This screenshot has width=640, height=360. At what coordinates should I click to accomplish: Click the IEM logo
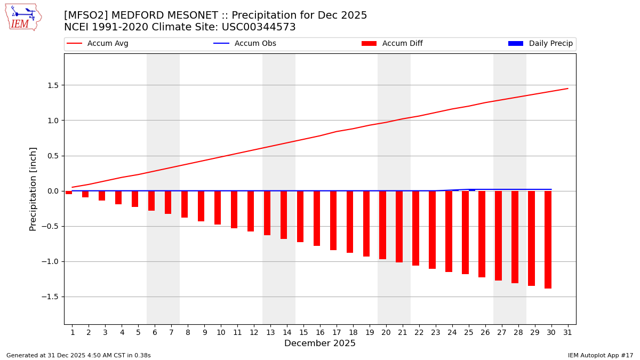point(23,17)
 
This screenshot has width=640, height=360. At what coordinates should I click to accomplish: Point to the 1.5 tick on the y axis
point(52,85)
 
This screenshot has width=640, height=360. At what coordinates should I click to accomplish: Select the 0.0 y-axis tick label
point(52,191)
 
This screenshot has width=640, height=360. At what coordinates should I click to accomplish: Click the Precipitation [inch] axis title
point(33,189)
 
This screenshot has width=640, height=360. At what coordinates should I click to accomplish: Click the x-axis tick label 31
point(567,332)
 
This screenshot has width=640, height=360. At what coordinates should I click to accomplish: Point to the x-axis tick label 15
point(303,332)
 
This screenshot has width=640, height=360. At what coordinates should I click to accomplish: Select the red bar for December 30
point(548,239)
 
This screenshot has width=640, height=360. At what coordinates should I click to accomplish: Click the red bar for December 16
point(317,218)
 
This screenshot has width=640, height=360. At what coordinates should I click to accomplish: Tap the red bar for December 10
point(218,207)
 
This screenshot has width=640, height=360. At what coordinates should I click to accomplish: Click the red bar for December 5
point(135,199)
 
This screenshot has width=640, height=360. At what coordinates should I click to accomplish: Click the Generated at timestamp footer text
point(78,355)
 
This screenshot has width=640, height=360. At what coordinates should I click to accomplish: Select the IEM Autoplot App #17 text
point(601,355)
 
